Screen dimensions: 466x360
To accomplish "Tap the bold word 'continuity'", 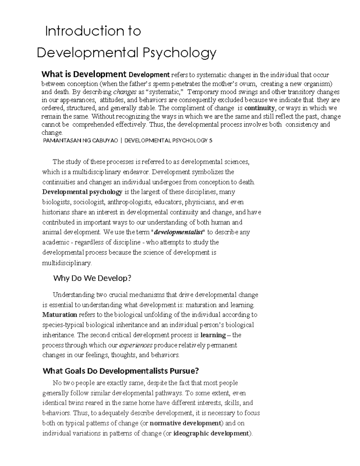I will [x=259, y=108].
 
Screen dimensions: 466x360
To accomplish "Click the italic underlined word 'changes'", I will [x=123, y=92].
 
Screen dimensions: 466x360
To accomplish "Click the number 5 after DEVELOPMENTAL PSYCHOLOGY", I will [x=211, y=140].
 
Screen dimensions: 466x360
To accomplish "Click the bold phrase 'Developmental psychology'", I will [x=82, y=192].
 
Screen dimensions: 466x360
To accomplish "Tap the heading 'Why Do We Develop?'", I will [x=92, y=278].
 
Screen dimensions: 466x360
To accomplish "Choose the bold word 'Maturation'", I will [x=60, y=315].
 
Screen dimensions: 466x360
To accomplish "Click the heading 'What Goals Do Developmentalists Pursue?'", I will [x=121, y=371].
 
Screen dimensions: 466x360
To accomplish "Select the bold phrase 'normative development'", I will [x=185, y=423].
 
